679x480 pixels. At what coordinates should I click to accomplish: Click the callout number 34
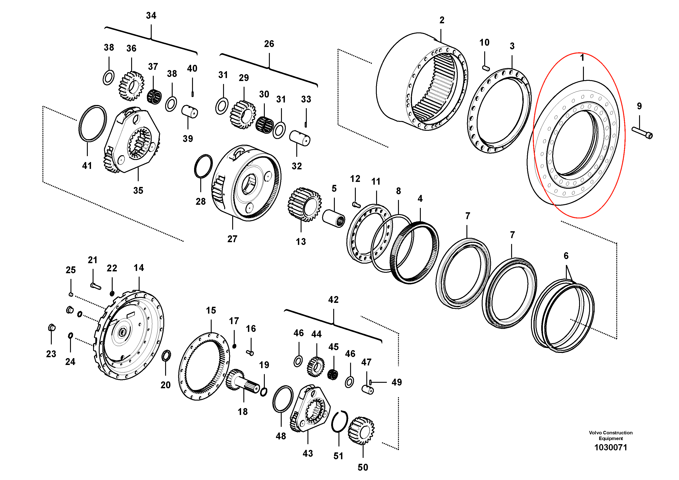[151, 15]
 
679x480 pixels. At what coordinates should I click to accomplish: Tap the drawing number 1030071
[610, 447]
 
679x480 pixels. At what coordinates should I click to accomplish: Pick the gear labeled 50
[361, 430]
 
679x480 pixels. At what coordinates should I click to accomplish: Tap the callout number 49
[397, 382]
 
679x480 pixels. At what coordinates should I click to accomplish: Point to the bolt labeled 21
[96, 286]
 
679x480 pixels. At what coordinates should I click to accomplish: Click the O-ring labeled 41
[93, 123]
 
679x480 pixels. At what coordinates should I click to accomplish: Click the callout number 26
[269, 44]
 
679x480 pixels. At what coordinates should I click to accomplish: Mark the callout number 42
[333, 299]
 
